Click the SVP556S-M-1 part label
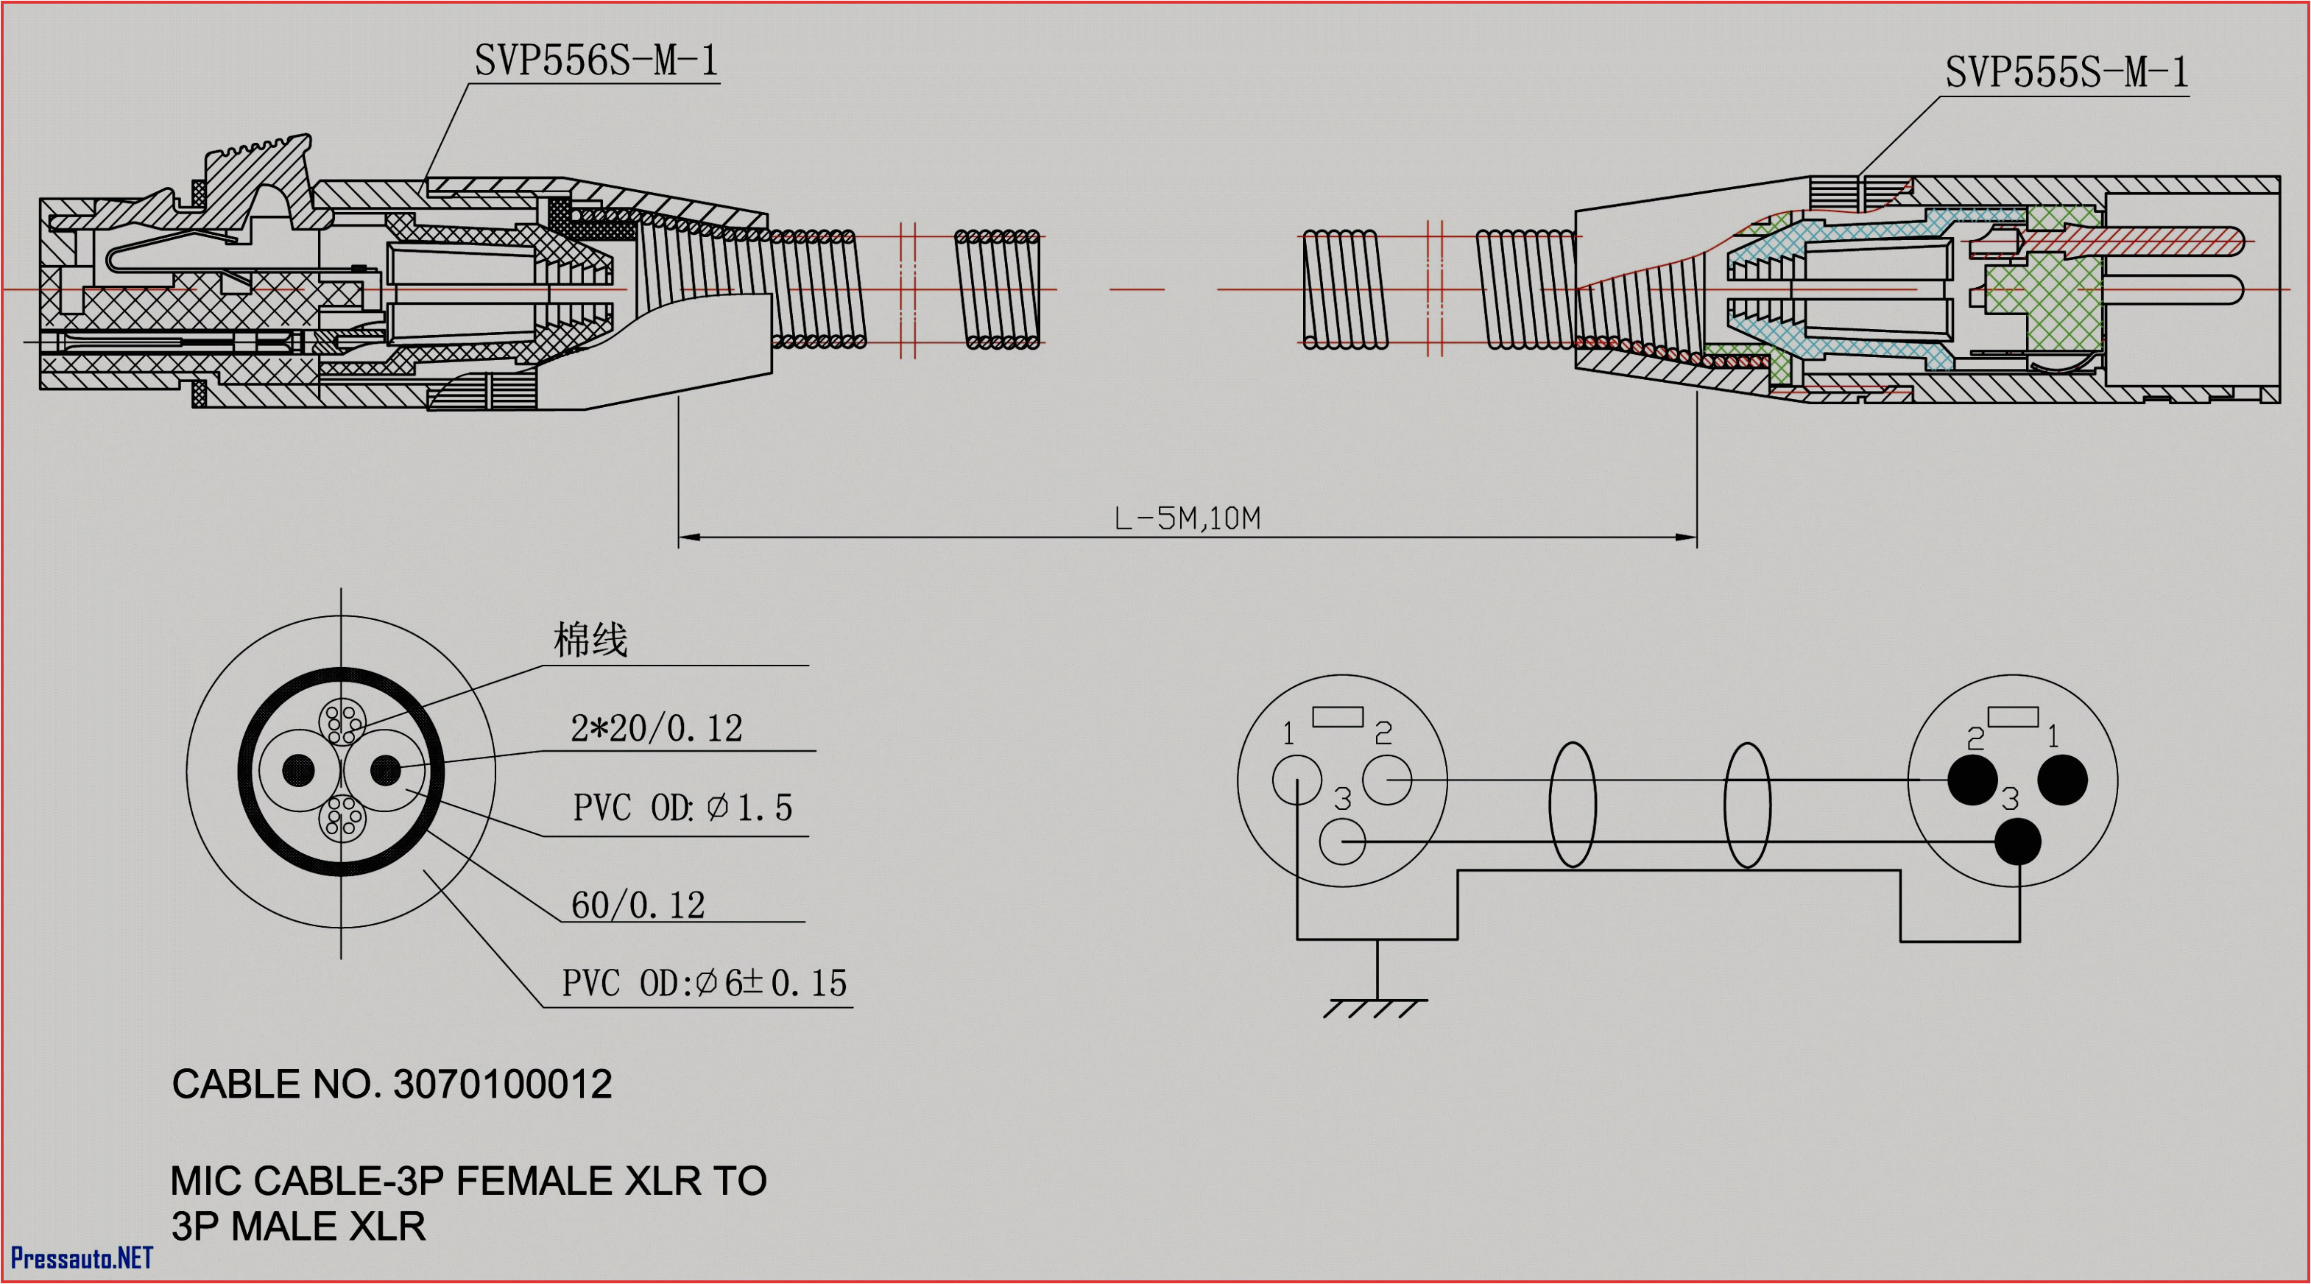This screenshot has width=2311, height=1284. pyautogui.click(x=596, y=61)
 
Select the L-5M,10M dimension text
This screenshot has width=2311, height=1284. pyautogui.click(x=1186, y=518)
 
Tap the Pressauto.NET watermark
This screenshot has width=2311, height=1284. pyautogui.click(x=82, y=1258)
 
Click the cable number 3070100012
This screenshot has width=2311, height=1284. pyautogui.click(x=502, y=1084)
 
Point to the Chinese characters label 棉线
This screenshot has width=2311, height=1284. pyautogui.click(x=590, y=640)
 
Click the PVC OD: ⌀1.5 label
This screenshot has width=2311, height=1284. pyautogui.click(x=682, y=808)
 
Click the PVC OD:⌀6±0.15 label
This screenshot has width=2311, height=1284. pyautogui.click(x=705, y=984)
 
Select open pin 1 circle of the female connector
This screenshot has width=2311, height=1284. pyautogui.click(x=1296, y=780)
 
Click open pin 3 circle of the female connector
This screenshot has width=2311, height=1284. pyautogui.click(x=1342, y=842)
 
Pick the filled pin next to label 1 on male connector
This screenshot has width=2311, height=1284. pyautogui.click(x=2062, y=780)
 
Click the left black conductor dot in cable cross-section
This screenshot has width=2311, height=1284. pyautogui.click(x=299, y=770)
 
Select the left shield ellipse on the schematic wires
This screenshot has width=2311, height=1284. pyautogui.click(x=1573, y=805)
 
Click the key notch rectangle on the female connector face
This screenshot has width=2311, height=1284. pyautogui.click(x=1338, y=716)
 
